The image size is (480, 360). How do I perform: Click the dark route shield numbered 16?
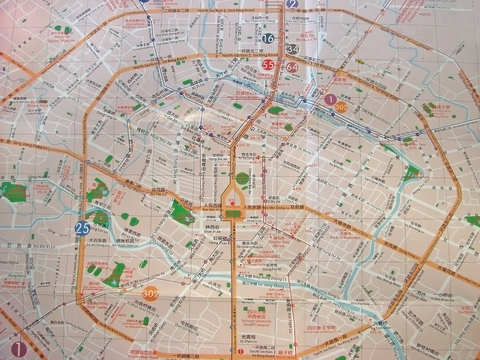(x=268, y=38)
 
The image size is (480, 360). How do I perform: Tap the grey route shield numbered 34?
(x=291, y=48)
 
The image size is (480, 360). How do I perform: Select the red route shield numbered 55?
(x=268, y=65)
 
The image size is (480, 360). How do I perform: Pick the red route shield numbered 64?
(x=292, y=68)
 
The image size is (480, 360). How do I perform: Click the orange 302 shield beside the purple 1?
(x=342, y=104)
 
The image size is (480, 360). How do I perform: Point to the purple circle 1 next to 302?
(x=329, y=99)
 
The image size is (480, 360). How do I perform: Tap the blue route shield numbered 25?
(x=81, y=228)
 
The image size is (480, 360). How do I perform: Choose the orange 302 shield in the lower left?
(x=151, y=294)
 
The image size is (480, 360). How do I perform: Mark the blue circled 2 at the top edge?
(x=292, y=3)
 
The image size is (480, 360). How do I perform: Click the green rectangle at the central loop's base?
(x=235, y=213)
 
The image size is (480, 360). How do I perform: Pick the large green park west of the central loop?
(x=181, y=211)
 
